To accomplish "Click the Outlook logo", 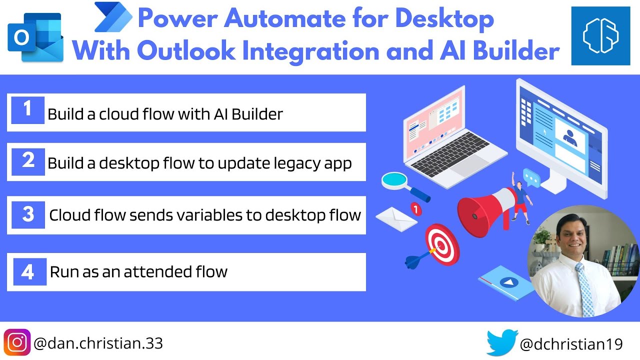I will (35, 38).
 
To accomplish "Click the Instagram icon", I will (17, 343).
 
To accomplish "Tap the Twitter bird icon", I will (501, 343).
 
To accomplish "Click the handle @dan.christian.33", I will (98, 343).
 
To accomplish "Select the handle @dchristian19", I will (571, 344).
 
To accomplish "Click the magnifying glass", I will (400, 183).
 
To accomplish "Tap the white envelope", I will (396, 218).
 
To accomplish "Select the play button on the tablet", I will (508, 282).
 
